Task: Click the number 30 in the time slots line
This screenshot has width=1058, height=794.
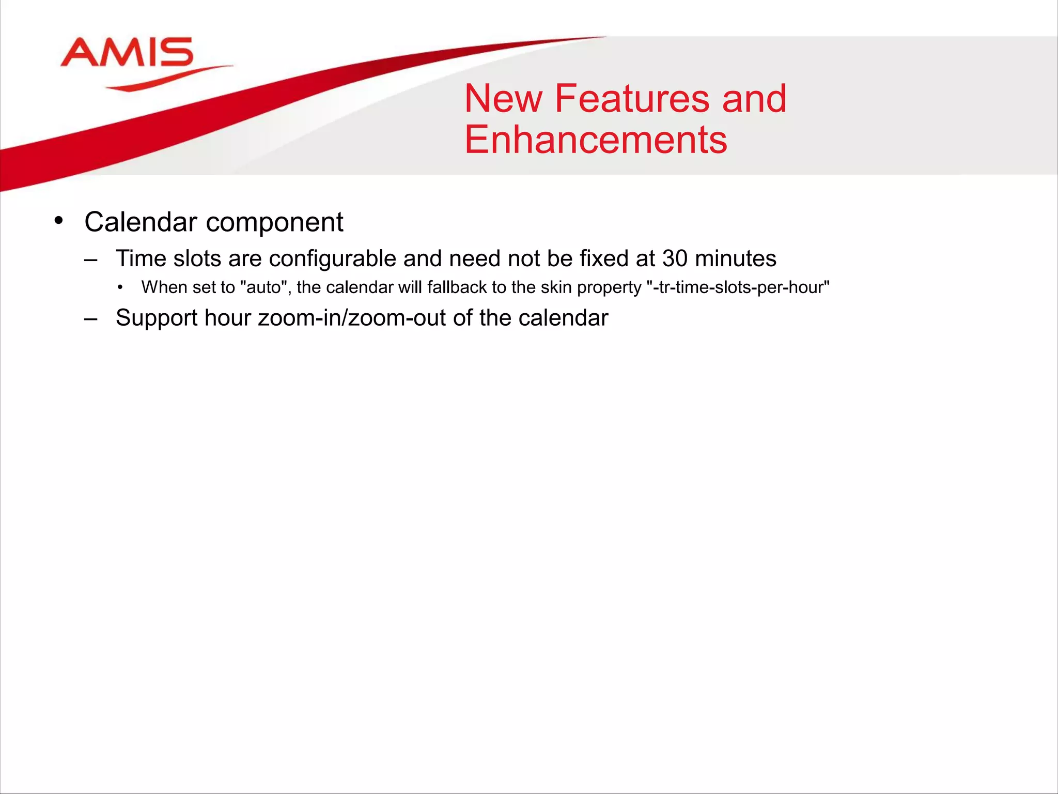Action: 675,258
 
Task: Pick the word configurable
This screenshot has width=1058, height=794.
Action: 332,259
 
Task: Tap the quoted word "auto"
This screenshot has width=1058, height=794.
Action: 266,287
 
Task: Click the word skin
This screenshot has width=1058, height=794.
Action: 556,287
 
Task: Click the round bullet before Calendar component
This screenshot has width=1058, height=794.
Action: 58,221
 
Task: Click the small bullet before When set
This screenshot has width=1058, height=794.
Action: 120,288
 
